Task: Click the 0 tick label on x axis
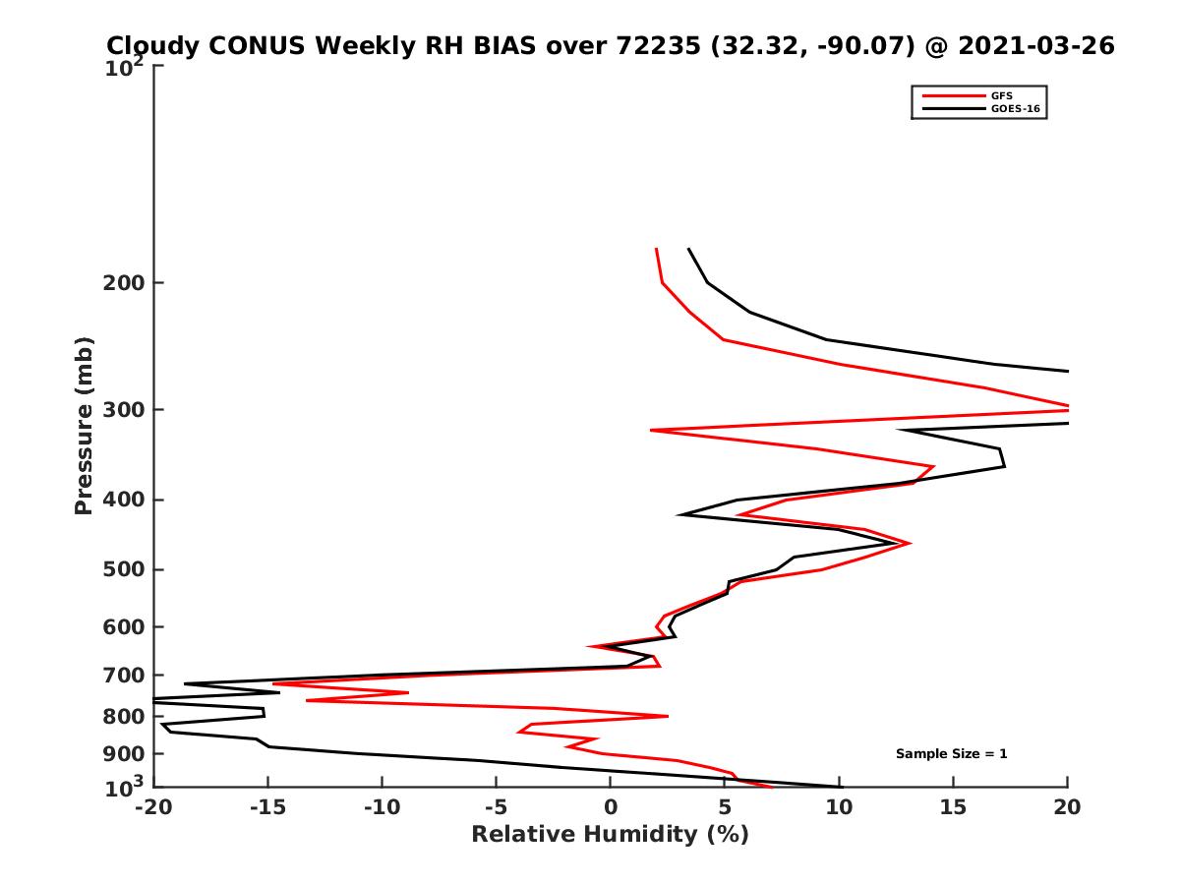pos(610,808)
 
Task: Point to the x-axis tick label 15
pos(953,808)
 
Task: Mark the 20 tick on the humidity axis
pos(1067,808)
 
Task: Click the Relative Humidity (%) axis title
pos(610,835)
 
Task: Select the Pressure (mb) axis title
pos(84,425)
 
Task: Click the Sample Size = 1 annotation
pos(951,754)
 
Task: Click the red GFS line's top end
pos(656,249)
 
